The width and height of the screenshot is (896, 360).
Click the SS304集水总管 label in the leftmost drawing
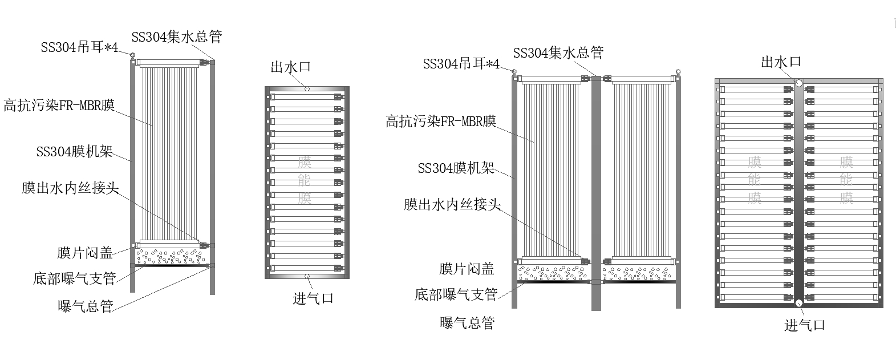tap(176, 37)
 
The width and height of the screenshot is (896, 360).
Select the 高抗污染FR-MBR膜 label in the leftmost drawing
tap(59, 106)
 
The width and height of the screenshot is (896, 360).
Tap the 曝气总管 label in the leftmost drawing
tap(86, 306)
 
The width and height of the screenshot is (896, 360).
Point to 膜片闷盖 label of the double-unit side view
tap(467, 269)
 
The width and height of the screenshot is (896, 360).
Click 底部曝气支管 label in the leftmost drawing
tap(75, 278)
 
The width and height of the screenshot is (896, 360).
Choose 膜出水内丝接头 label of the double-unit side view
tap(452, 204)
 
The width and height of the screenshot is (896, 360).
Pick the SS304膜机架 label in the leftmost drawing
tap(75, 152)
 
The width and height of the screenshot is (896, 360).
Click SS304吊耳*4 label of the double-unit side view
tap(461, 63)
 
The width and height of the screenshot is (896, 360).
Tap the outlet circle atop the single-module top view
tap(307, 88)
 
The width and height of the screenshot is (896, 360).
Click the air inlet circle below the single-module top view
tap(307, 276)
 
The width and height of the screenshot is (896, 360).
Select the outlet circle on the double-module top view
tap(799, 83)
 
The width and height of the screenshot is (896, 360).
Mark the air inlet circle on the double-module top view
tap(799, 303)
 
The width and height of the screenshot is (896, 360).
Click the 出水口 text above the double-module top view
tap(781, 62)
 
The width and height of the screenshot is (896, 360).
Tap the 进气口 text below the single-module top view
tap(313, 298)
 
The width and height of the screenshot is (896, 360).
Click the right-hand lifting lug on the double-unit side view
tap(678, 72)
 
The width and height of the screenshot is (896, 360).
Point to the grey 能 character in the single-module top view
tap(305, 180)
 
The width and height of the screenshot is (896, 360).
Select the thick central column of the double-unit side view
tap(596, 194)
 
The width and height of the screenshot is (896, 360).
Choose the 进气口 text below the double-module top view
tap(805, 325)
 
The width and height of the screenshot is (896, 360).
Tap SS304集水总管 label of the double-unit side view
tap(558, 53)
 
